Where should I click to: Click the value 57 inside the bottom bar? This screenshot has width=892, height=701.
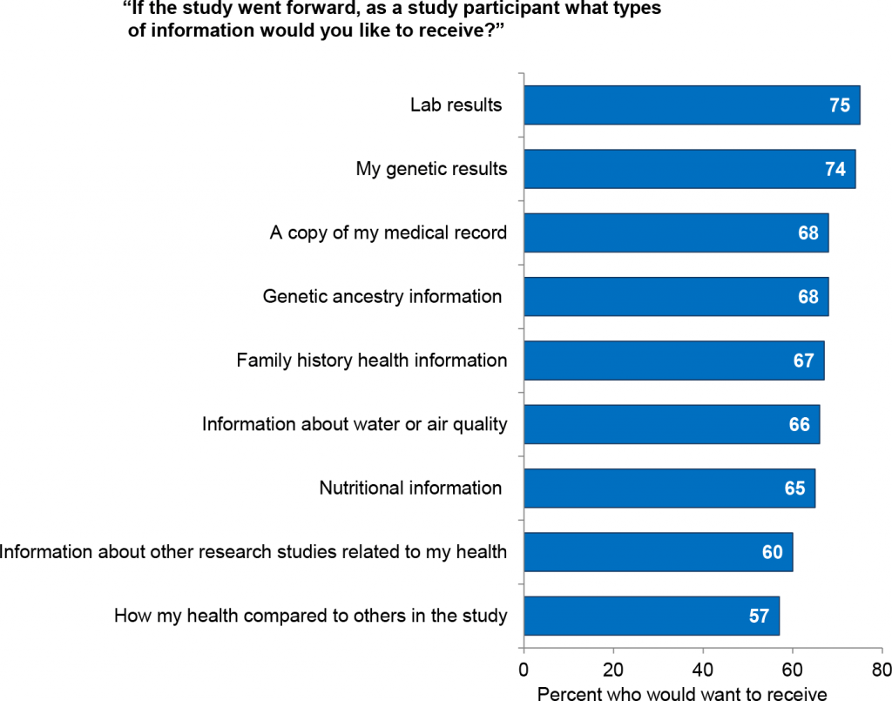click(759, 617)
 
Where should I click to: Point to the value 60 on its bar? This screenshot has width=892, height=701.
click(772, 552)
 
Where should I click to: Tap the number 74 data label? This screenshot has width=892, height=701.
click(835, 169)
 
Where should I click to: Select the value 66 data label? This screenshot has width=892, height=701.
click(799, 424)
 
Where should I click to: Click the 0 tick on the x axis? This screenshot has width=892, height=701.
click(524, 671)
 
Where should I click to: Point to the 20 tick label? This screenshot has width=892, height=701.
click(613, 671)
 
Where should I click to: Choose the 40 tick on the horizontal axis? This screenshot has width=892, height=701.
click(703, 671)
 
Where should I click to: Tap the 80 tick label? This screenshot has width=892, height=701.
click(880, 671)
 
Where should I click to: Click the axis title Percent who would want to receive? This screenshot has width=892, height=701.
click(681, 693)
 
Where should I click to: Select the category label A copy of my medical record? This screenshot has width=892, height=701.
click(389, 233)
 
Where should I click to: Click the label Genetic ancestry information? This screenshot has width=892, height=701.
click(382, 296)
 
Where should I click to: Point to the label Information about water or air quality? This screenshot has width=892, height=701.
click(355, 424)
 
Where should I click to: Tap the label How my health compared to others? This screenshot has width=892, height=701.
click(310, 617)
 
